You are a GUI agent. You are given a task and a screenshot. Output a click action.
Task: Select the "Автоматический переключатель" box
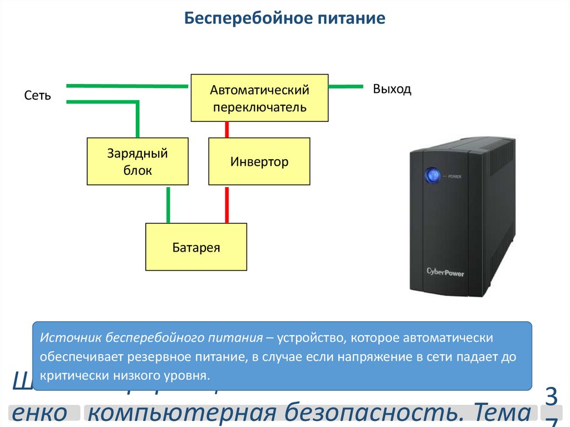(x=259, y=98)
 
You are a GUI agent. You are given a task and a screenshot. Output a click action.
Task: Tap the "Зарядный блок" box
(x=137, y=161)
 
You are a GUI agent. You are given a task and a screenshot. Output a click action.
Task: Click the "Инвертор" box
(x=259, y=161)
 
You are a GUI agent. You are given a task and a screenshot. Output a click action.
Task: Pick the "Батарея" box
(x=196, y=247)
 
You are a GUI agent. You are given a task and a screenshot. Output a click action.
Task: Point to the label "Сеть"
(x=38, y=96)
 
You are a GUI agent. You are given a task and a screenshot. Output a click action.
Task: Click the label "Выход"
(x=392, y=89)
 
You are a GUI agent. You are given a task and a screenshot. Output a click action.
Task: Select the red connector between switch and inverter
(x=227, y=129)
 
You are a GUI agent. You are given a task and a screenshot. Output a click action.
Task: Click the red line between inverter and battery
(x=227, y=204)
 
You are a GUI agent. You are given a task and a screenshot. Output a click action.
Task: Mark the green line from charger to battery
(x=168, y=204)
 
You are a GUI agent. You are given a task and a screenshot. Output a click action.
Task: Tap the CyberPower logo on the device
(x=445, y=272)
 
